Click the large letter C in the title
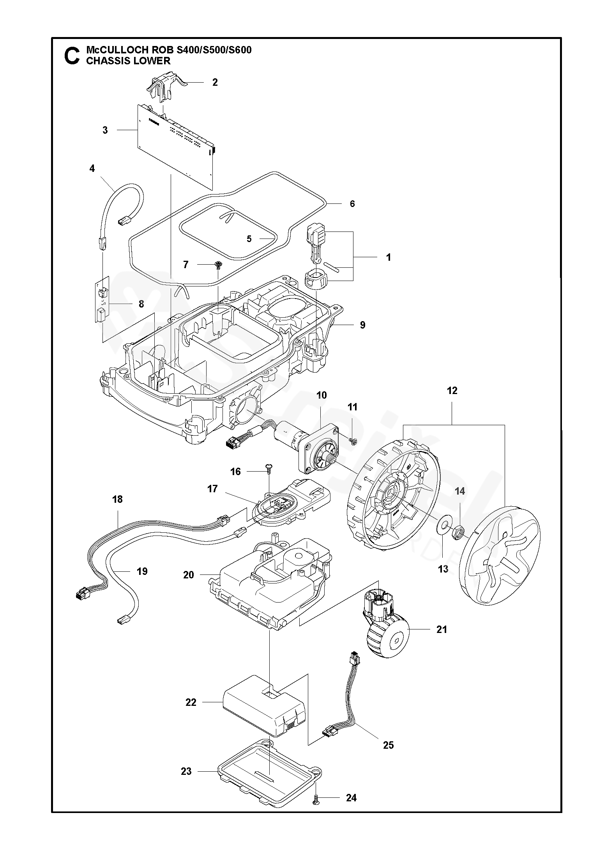[x=72, y=56]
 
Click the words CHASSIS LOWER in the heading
[x=128, y=61]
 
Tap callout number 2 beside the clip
[x=215, y=82]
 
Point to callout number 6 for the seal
[x=352, y=204]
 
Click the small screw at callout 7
[x=218, y=265]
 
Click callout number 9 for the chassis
[x=362, y=325]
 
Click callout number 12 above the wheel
[x=452, y=391]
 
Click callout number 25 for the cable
[x=388, y=745]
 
